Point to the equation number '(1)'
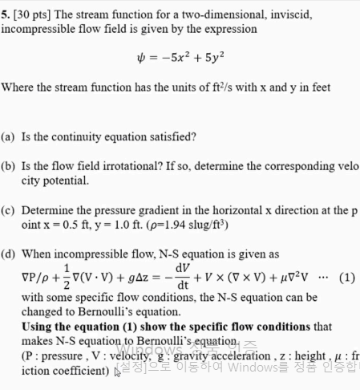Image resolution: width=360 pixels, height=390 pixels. (x=346, y=278)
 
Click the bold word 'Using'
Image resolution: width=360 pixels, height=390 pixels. (x=39, y=327)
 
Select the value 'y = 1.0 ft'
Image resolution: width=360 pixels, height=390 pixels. (x=106, y=225)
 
